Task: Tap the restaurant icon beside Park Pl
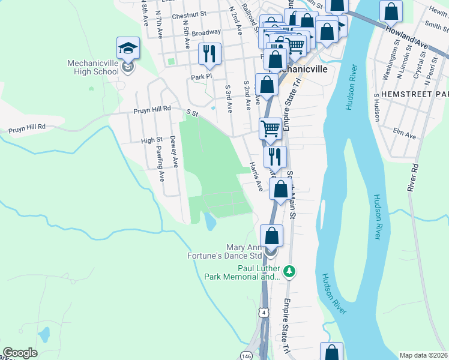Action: pos(209,54)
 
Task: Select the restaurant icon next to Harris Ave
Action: pos(275,157)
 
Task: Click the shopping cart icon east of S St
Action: pos(271,128)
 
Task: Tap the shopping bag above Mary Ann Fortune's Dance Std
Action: pos(272,235)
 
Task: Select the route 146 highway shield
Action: pos(247,356)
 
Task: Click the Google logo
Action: pos(20,352)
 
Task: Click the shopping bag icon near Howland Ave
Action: pos(391,11)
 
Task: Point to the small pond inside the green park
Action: pos(210,221)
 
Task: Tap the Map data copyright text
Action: pos(424,355)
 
